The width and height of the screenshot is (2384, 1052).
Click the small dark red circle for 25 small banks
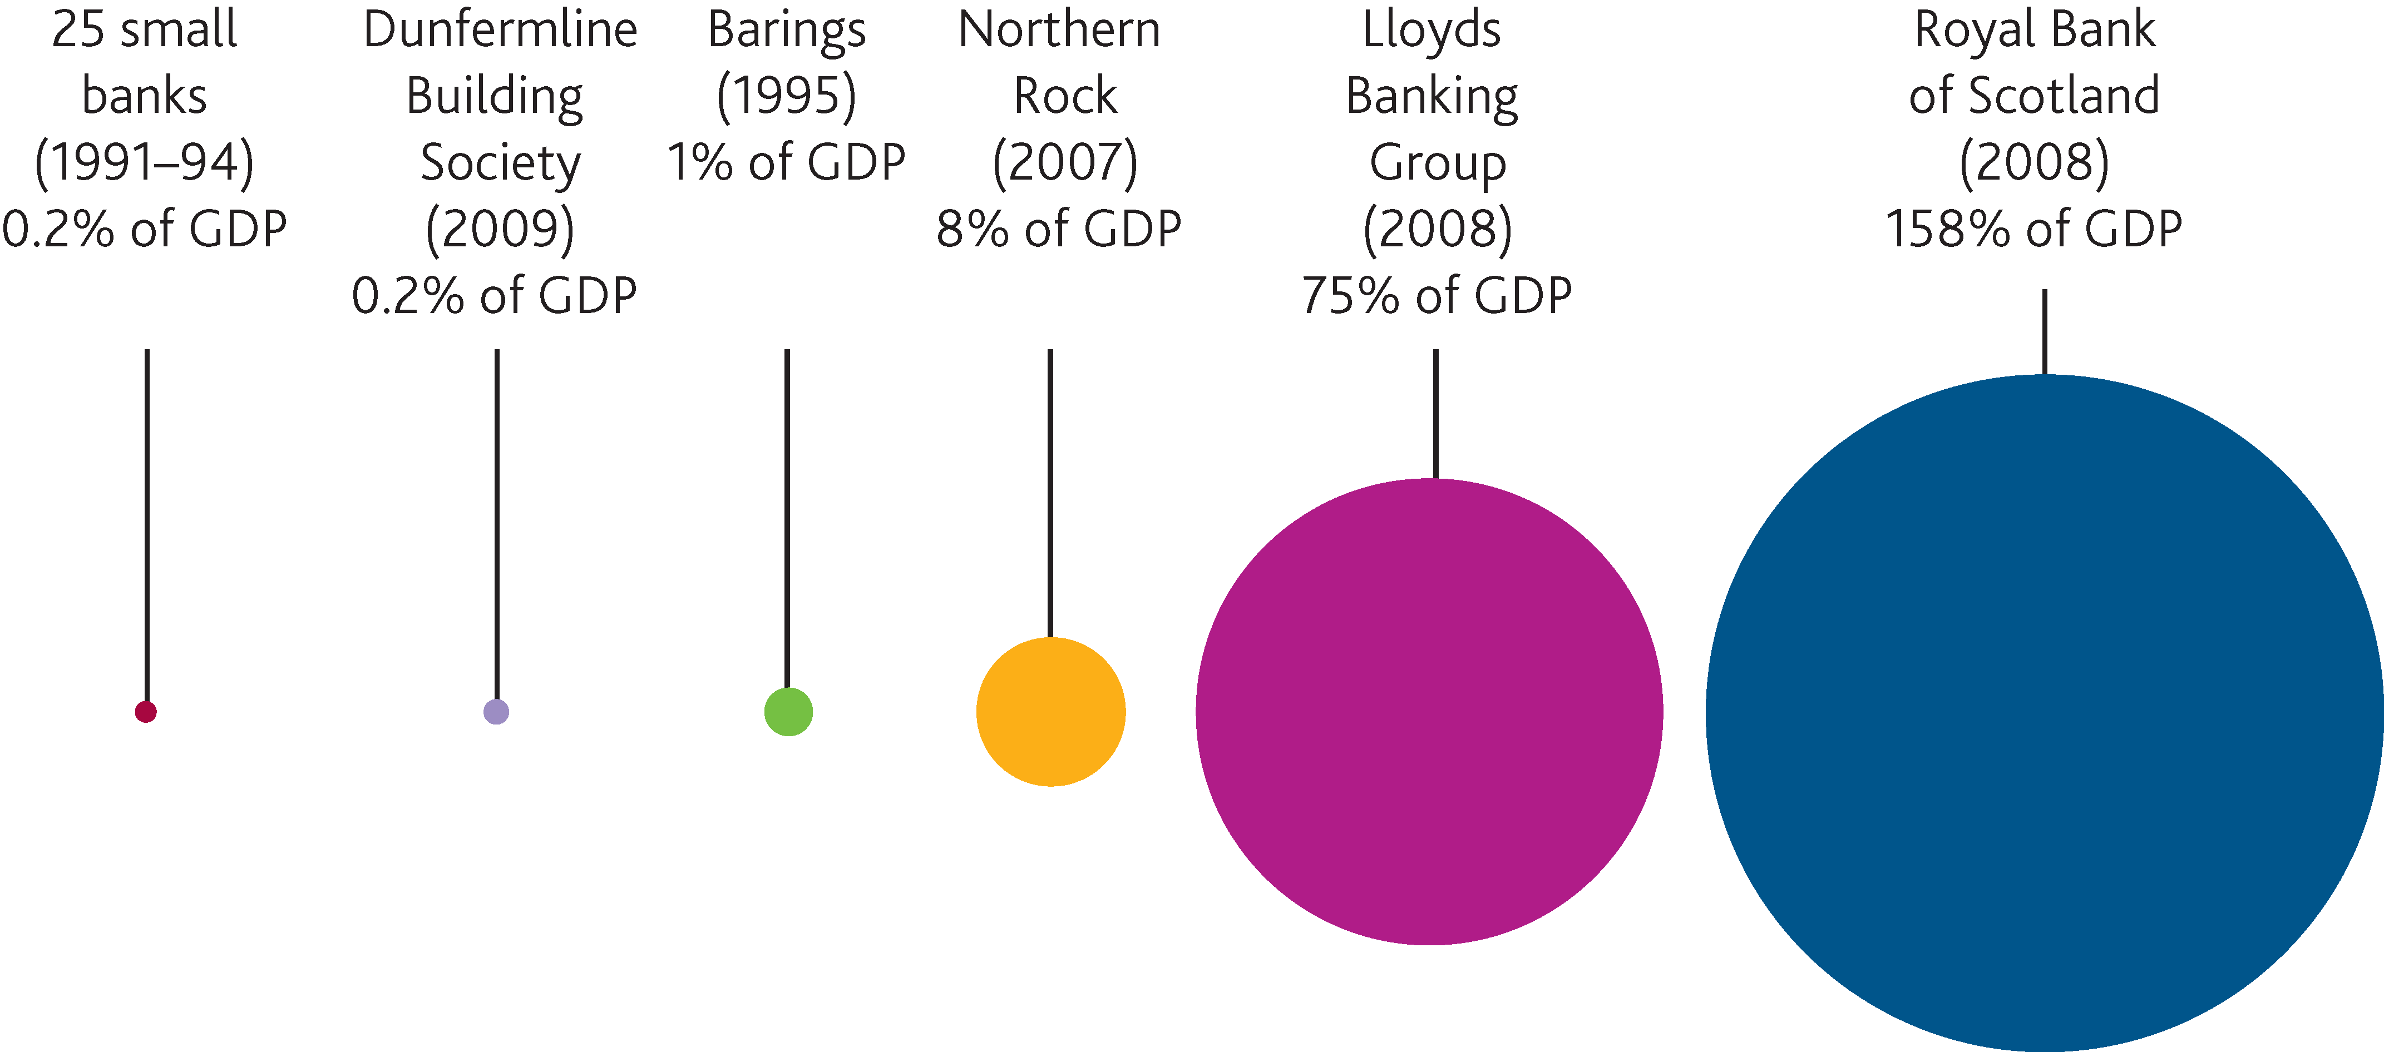[x=145, y=712]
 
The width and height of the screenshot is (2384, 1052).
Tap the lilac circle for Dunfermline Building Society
[x=496, y=712]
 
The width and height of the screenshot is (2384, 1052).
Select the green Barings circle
[x=788, y=712]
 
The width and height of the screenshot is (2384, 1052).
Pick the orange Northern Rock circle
[x=1050, y=712]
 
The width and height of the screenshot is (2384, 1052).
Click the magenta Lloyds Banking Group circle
[x=1429, y=712]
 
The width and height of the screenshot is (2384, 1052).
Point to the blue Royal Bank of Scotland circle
[x=2044, y=712]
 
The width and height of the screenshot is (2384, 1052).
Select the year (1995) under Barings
[x=787, y=96]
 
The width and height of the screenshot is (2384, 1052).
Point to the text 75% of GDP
[x=1437, y=296]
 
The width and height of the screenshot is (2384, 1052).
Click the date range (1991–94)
[x=144, y=163]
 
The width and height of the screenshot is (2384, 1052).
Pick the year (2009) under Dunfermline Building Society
[x=500, y=230]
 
